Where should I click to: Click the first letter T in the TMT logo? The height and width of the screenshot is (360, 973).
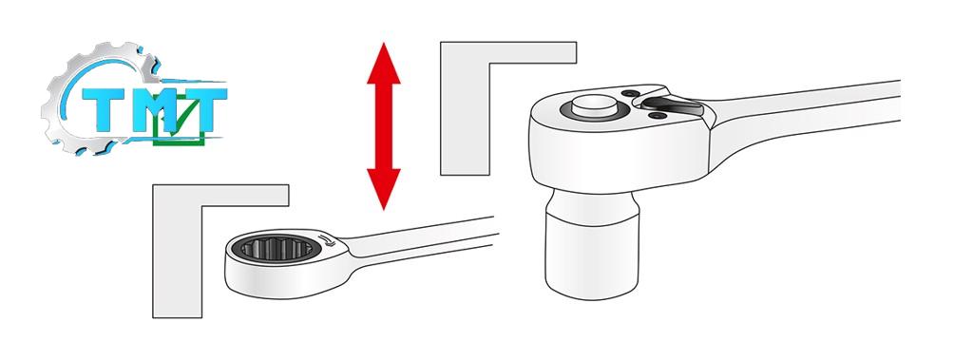coord(105,109)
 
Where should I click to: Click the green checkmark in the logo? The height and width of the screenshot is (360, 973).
coord(181,117)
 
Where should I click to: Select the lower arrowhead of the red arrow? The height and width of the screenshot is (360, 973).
coord(384,189)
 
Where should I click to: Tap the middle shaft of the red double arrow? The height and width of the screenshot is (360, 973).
coord(384,126)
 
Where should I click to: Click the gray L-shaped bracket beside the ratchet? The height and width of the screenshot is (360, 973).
coord(466,108)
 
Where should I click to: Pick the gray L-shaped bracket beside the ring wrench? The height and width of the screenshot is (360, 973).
coord(178,252)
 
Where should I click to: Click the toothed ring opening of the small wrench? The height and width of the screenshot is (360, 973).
coord(277,249)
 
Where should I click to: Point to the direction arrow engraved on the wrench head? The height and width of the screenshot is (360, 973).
coord(327,240)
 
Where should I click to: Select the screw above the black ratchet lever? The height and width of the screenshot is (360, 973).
coord(631,94)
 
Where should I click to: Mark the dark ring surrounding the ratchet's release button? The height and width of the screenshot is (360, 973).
coord(594,110)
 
